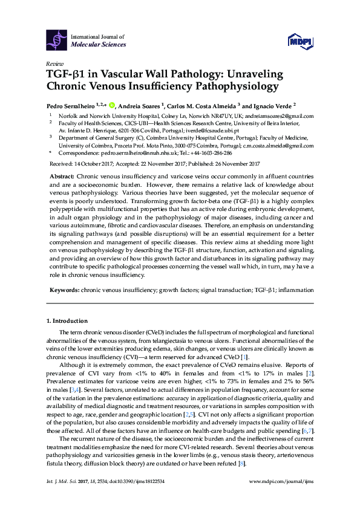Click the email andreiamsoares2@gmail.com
[280, 116]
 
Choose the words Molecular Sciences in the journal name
[99, 45]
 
